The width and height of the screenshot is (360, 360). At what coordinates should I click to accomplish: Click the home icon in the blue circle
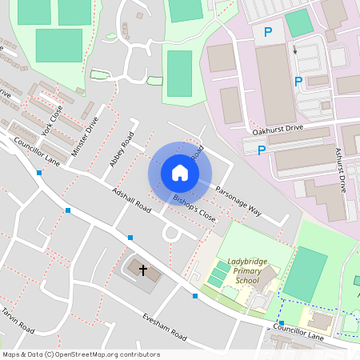click(x=179, y=173)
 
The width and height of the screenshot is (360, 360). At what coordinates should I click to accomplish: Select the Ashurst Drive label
click(x=341, y=170)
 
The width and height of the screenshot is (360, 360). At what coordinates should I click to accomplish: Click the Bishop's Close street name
click(x=194, y=207)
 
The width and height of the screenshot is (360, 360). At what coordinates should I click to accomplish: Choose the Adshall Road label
click(x=132, y=200)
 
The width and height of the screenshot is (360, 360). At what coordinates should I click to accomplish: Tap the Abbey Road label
click(x=121, y=154)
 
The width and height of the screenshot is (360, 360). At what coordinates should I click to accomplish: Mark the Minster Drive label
click(x=83, y=136)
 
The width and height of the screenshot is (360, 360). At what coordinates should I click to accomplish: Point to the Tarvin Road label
click(x=18, y=319)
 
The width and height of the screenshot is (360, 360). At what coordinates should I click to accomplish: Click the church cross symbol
click(x=143, y=270)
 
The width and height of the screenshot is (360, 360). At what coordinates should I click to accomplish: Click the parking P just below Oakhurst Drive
click(x=262, y=150)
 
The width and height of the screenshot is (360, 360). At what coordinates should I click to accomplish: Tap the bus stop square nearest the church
click(x=130, y=237)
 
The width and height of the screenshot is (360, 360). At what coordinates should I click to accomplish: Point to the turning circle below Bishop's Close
click(x=171, y=233)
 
